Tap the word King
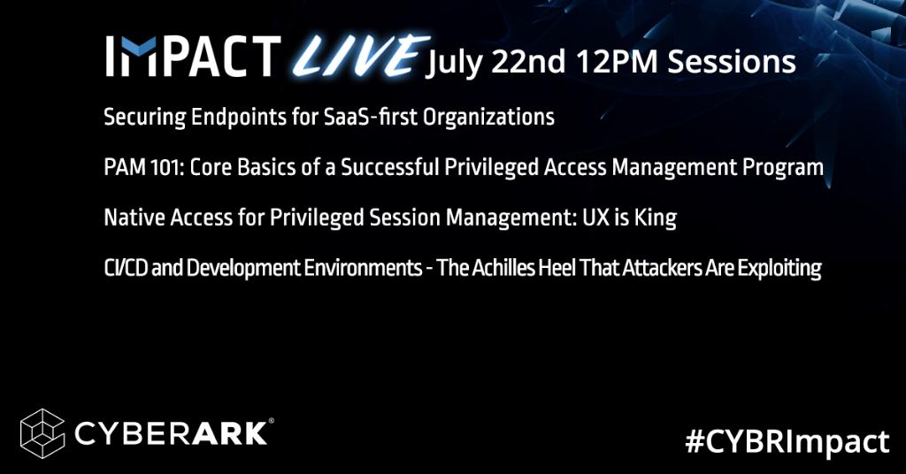click(x=656, y=218)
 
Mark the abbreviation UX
click(x=589, y=218)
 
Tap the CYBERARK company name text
click(x=173, y=432)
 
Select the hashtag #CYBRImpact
click(x=787, y=440)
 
